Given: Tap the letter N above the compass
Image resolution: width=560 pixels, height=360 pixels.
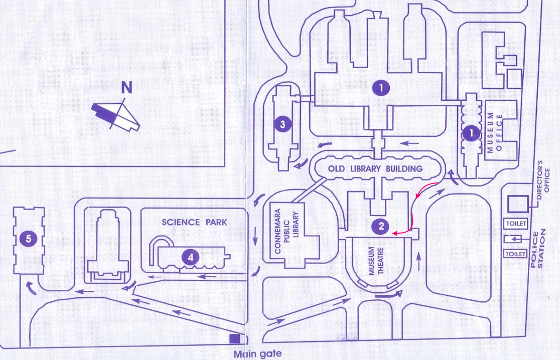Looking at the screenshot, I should click(127, 88).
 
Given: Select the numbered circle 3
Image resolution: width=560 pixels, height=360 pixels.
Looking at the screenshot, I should click(283, 124).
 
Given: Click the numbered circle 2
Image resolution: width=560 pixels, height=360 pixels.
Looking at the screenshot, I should click(381, 226).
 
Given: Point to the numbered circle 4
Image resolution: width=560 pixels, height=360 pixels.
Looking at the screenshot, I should click(191, 258).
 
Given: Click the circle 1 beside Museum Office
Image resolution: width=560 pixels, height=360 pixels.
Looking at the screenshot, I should click(471, 133).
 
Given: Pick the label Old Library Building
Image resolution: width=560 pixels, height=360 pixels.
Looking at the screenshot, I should click(375, 169).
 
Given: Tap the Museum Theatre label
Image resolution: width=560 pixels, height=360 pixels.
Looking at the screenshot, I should click(376, 262).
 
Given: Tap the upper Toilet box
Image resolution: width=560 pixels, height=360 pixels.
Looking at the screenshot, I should click(516, 223).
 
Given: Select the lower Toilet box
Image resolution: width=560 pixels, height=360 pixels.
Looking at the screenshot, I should click(516, 254).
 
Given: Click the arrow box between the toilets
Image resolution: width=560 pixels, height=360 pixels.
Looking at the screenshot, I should click(516, 238).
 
